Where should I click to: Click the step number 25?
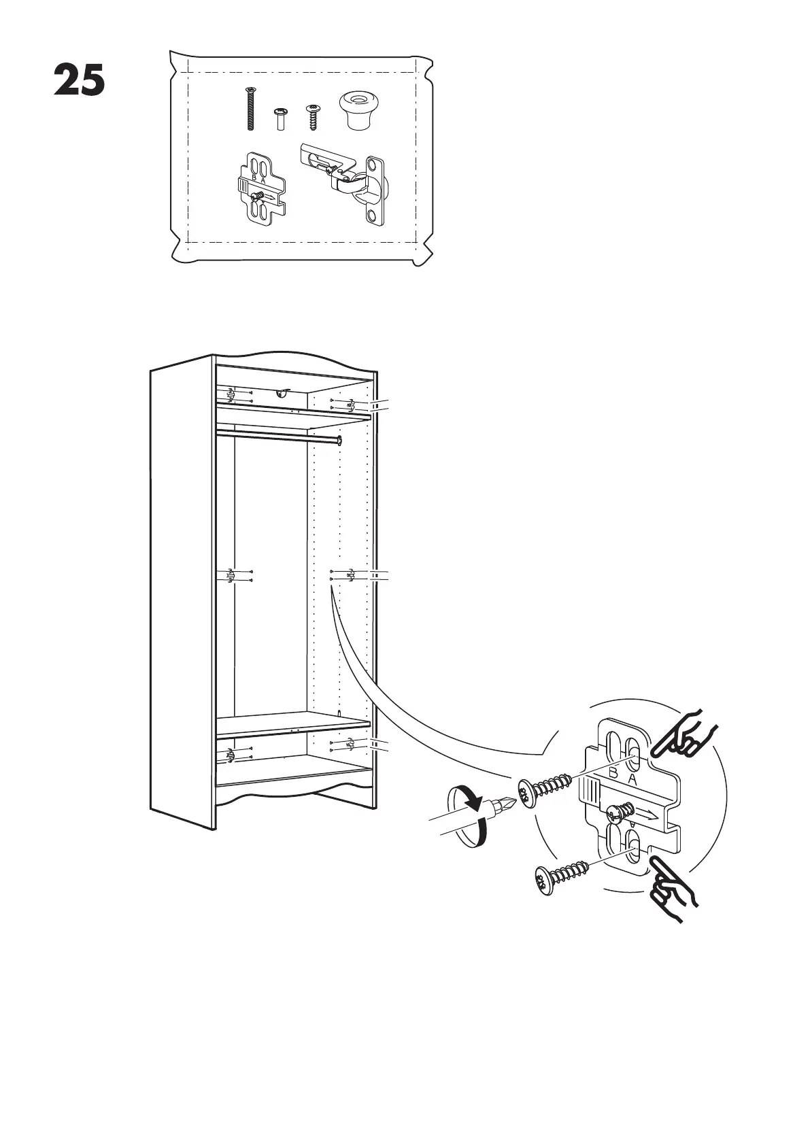[x=80, y=81]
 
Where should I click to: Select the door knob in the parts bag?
[x=356, y=110]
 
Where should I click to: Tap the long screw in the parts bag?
[x=250, y=109]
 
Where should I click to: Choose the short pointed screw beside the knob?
[x=313, y=117]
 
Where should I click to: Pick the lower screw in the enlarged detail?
[x=561, y=877]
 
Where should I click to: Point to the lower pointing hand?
[x=673, y=887]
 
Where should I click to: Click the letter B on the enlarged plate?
[x=613, y=774]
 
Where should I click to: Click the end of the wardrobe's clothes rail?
[x=338, y=441]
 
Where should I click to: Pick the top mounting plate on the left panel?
[x=231, y=394]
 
